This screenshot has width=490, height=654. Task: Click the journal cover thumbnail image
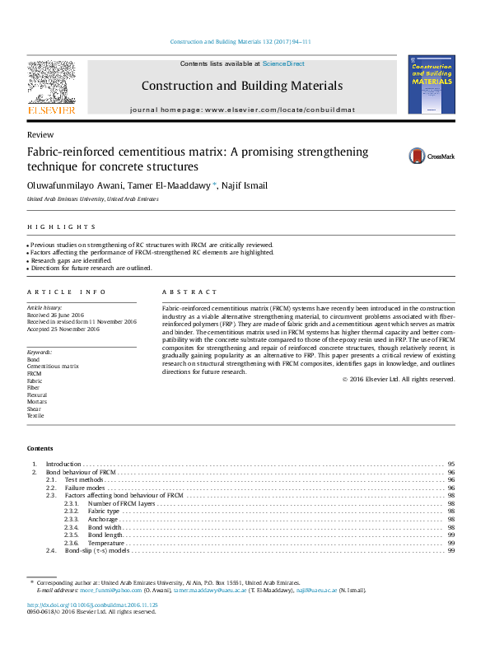pyautogui.click(x=431, y=84)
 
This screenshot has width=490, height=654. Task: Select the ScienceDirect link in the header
pyautogui.click(x=283, y=63)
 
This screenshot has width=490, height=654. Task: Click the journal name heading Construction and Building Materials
pyautogui.click(x=241, y=86)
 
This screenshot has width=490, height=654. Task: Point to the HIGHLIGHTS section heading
pyautogui.click(x=61, y=227)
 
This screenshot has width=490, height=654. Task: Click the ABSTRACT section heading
pyautogui.click(x=189, y=292)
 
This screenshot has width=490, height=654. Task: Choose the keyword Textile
pyautogui.click(x=35, y=416)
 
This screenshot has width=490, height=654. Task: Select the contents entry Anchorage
pyautogui.click(x=103, y=520)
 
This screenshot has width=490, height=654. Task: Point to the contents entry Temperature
pyautogui.click(x=106, y=543)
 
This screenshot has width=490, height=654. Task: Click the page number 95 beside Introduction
pyautogui.click(x=451, y=465)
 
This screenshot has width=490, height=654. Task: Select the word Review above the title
pyautogui.click(x=40, y=134)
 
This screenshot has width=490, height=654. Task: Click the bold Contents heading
pyautogui.click(x=40, y=448)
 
